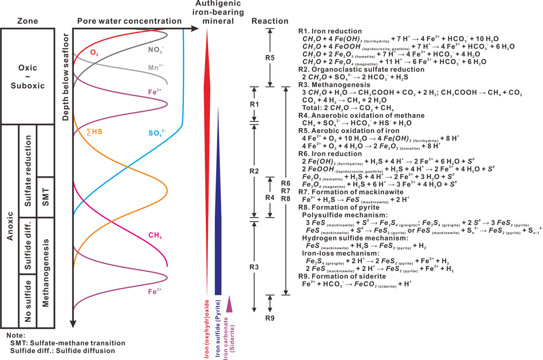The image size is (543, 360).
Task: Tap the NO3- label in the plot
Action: point(155,47)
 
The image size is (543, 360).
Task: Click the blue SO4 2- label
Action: point(158,133)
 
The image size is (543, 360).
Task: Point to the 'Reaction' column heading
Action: point(270,21)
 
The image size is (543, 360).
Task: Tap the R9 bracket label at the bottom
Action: point(270,317)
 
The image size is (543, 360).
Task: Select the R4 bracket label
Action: point(270,197)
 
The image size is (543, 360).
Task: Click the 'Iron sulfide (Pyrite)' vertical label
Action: point(218,328)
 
